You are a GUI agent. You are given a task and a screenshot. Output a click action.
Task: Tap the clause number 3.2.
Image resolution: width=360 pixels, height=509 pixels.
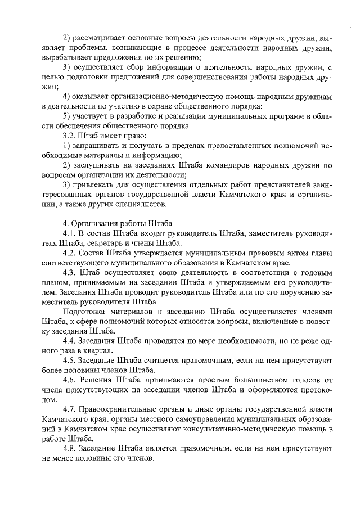70,136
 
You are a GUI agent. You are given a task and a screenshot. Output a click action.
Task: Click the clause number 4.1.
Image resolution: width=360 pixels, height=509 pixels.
70,233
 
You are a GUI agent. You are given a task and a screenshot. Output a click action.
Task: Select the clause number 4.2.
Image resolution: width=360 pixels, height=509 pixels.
70,253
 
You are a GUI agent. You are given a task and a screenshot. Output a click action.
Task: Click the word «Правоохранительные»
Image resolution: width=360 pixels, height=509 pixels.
118,409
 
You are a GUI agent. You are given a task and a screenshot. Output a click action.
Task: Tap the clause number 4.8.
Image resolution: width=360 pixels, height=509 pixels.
70,448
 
